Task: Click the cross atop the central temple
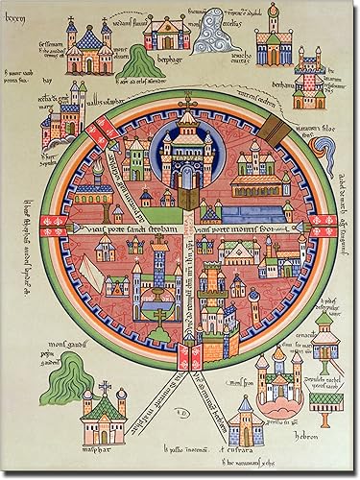[x=186, y=104]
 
